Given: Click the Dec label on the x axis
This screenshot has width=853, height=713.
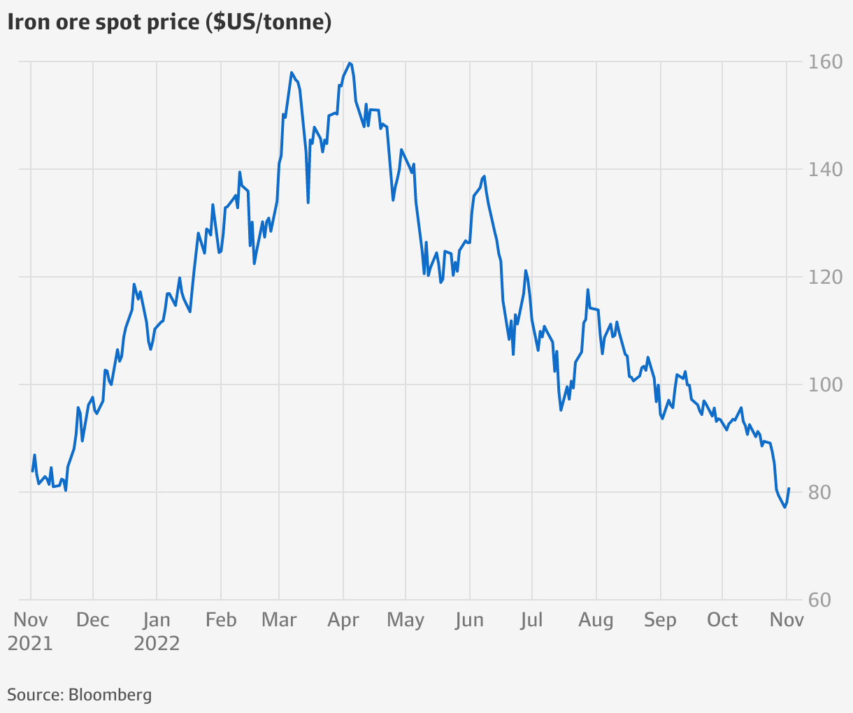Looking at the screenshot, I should coord(92,620).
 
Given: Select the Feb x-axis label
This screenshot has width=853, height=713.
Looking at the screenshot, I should coord(221,620).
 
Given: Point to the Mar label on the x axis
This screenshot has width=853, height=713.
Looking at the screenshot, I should coord(279,620).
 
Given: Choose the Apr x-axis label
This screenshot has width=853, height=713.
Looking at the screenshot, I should coord(343,620).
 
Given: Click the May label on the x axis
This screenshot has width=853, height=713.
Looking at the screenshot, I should coord(406,620).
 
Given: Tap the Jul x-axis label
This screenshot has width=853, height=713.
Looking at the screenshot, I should coord(531,620).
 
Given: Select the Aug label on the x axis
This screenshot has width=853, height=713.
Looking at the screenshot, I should coord(596,620).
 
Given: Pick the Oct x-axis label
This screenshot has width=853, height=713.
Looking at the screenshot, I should coord(722,620).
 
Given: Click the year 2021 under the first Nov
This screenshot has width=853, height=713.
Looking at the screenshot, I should coord(30,644).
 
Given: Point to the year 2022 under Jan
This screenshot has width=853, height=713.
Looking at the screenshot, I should coord(157,644).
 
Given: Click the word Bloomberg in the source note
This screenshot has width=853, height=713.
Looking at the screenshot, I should coord(110,695).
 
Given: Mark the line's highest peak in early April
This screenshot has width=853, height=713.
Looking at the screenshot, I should coord(350,63).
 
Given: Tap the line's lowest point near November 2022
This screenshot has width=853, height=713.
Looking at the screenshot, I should coord(784,507).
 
